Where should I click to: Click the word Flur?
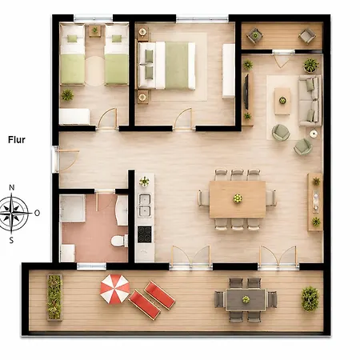[17, 140]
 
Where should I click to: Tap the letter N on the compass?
[12, 188]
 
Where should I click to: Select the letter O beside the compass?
[37, 213]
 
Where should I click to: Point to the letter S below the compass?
[11, 240]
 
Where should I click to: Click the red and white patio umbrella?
[115, 289]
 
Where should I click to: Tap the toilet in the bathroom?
[119, 241]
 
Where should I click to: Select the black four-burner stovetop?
[145, 234]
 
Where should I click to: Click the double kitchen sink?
[144, 206]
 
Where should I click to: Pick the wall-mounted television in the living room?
[246, 91]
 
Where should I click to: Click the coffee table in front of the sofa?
[282, 102]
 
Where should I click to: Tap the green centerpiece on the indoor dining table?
[238, 198]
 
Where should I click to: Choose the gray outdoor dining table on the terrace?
[246, 300]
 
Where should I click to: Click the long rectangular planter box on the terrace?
[54, 297]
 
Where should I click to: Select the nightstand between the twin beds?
[95, 30]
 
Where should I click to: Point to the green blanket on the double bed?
[177, 66]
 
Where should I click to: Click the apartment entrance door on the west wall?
[55, 159]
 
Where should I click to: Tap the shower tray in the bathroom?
[72, 208]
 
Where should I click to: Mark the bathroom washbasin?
[122, 210]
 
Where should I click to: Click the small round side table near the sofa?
[314, 134]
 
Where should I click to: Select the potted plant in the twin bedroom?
[67, 94]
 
